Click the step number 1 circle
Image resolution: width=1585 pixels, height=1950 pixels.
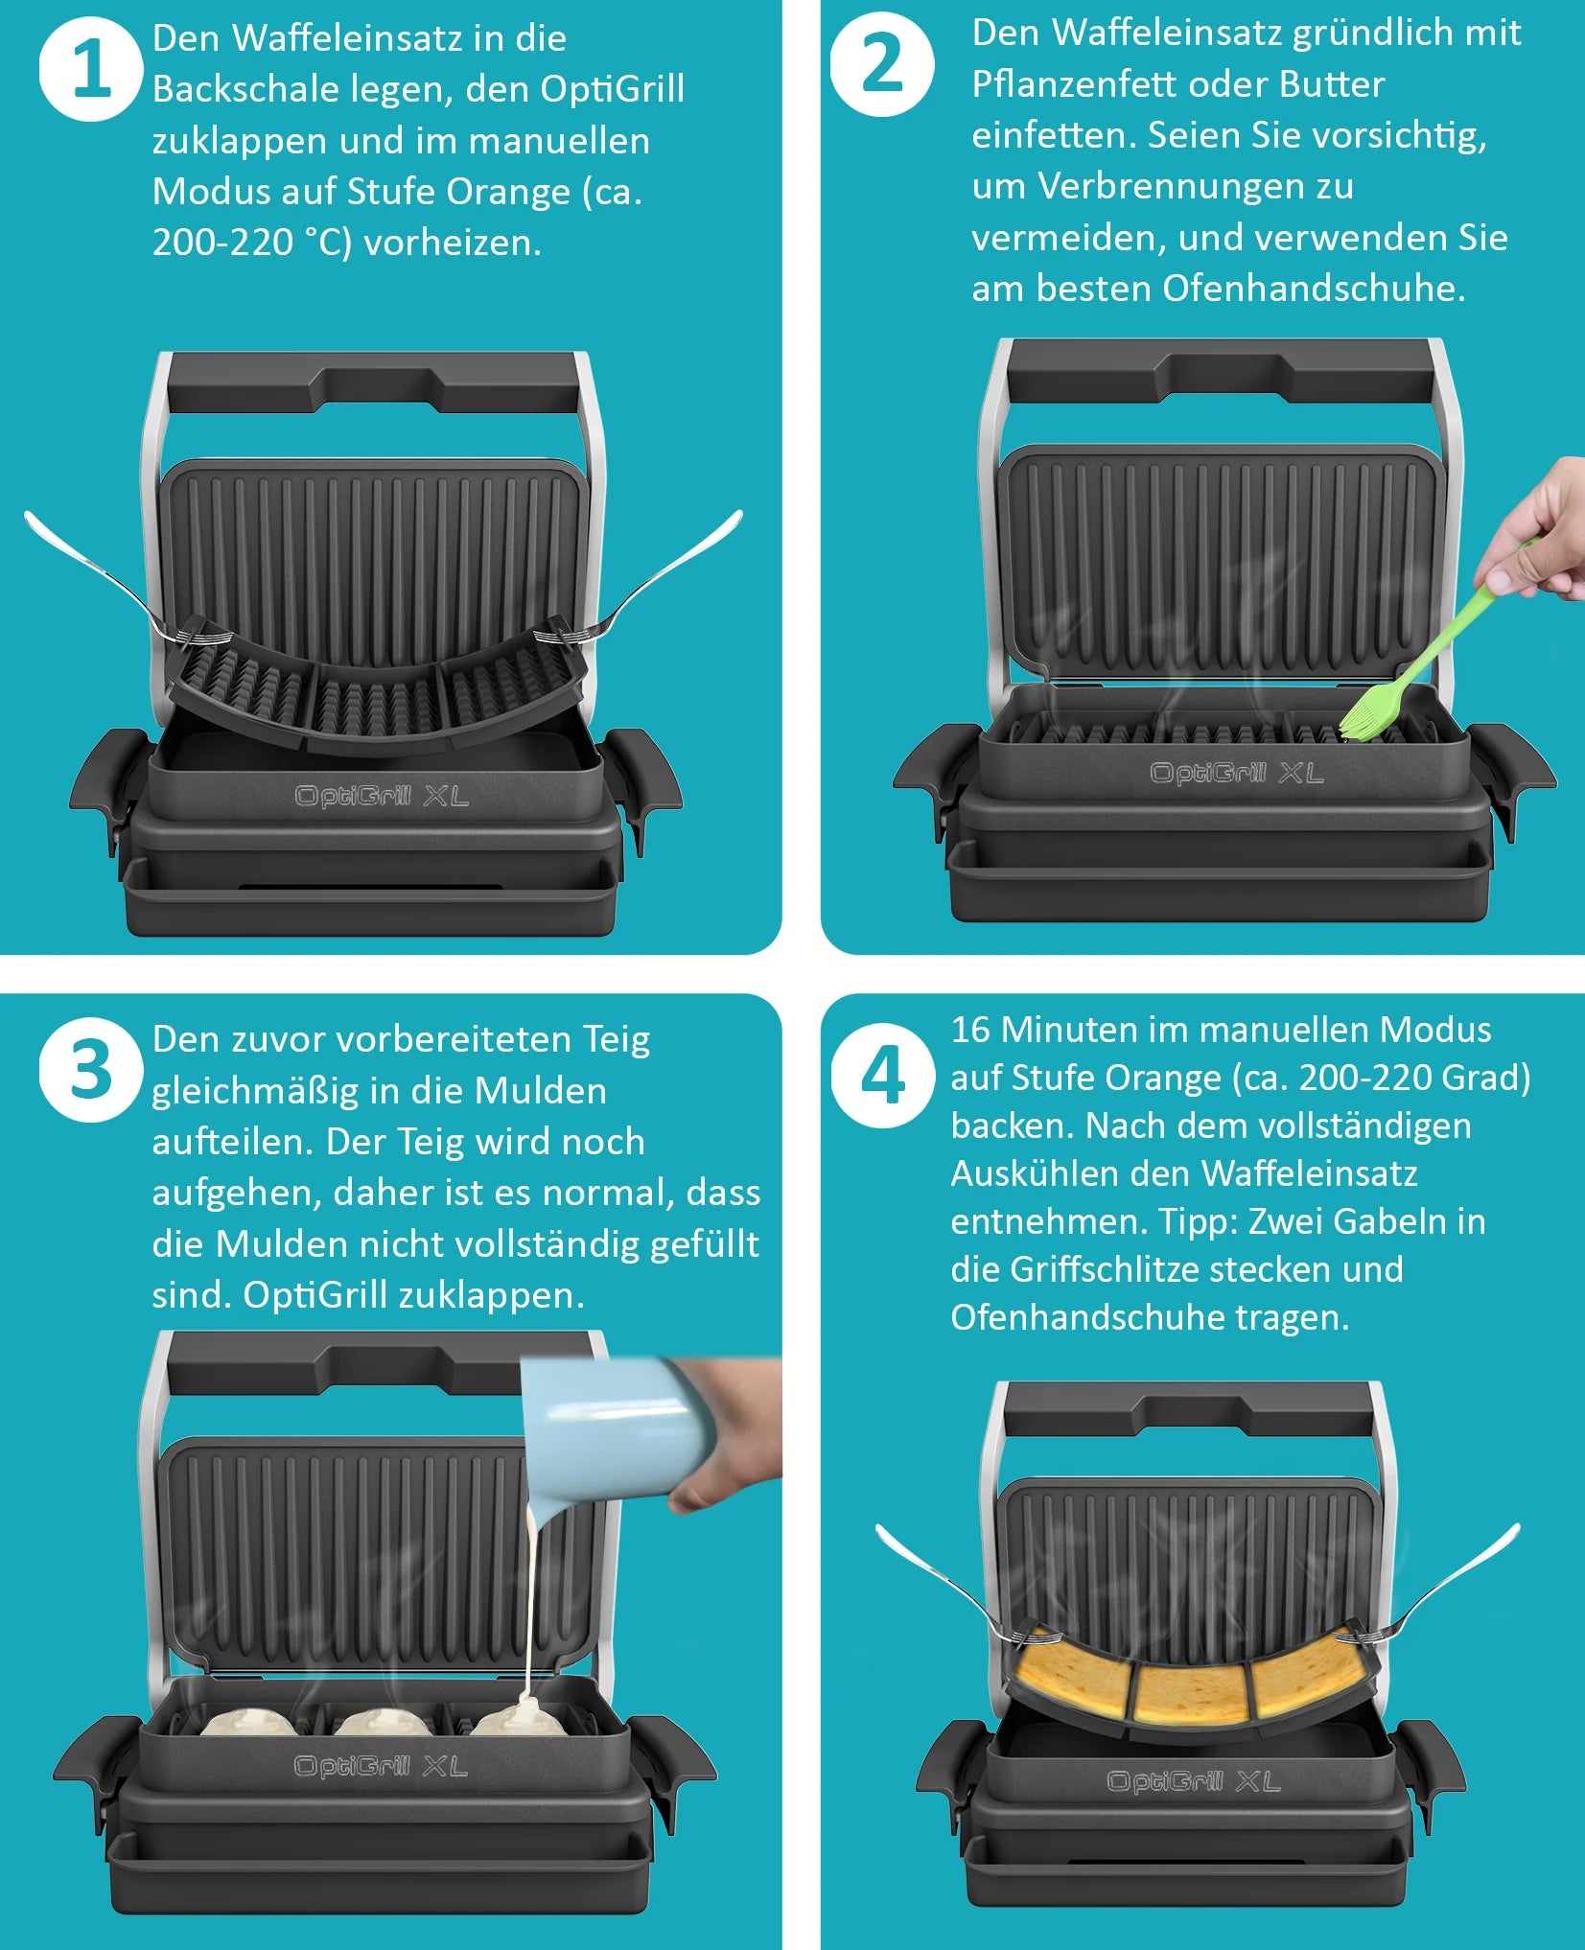91,69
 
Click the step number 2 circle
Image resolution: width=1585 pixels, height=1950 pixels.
882,64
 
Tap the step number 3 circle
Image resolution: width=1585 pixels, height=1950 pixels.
91,1069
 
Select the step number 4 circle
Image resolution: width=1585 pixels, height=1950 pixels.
882,1075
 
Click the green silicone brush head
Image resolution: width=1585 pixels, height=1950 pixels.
1367,714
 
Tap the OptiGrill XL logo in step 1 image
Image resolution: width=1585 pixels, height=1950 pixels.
382,796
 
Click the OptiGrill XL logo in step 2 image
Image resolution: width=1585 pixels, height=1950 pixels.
1237,773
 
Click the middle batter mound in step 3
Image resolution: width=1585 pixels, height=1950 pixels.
382,1723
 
